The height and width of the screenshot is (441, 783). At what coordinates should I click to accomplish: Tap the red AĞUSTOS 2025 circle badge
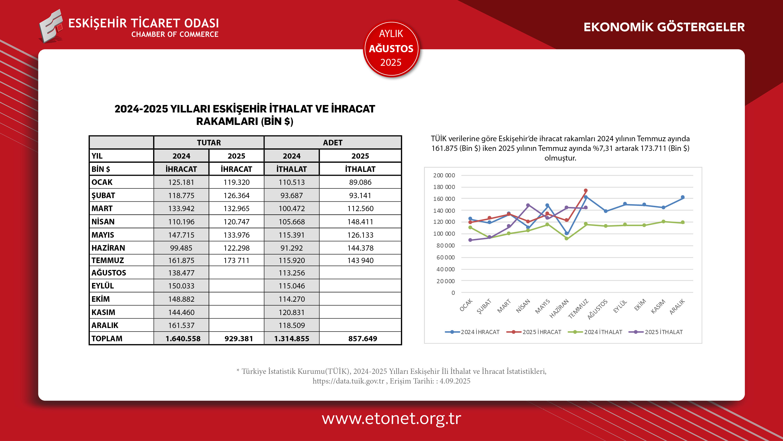(x=391, y=49)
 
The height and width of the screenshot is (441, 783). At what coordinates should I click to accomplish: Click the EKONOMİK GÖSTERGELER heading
(x=664, y=27)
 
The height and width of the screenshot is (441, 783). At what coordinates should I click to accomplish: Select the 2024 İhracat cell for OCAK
(x=181, y=182)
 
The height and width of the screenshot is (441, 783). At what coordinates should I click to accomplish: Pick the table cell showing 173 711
(x=236, y=261)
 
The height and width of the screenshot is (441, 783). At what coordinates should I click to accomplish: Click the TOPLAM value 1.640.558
(x=183, y=338)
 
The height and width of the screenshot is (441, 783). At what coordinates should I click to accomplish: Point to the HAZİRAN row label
(x=108, y=248)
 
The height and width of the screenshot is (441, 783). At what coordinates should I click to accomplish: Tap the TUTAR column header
(x=209, y=143)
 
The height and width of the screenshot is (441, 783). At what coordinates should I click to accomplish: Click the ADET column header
(x=332, y=143)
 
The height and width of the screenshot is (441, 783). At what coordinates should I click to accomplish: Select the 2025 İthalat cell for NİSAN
(x=360, y=222)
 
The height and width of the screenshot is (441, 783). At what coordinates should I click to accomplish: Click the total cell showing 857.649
(x=363, y=338)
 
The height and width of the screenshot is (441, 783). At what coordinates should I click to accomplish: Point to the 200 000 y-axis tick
(x=444, y=175)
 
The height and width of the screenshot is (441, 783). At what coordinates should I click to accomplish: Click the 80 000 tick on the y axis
(x=445, y=246)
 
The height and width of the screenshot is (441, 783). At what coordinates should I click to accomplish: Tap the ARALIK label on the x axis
(x=677, y=307)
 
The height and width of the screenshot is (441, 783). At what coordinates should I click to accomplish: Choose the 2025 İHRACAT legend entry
(x=534, y=332)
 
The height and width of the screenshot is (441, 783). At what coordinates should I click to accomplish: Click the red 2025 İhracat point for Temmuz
(x=586, y=191)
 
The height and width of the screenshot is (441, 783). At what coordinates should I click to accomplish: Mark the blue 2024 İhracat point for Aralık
(x=683, y=197)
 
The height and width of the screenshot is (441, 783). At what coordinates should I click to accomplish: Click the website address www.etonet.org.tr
(x=391, y=418)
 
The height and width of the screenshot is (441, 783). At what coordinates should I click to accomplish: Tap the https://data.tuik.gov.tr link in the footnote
(x=348, y=381)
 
